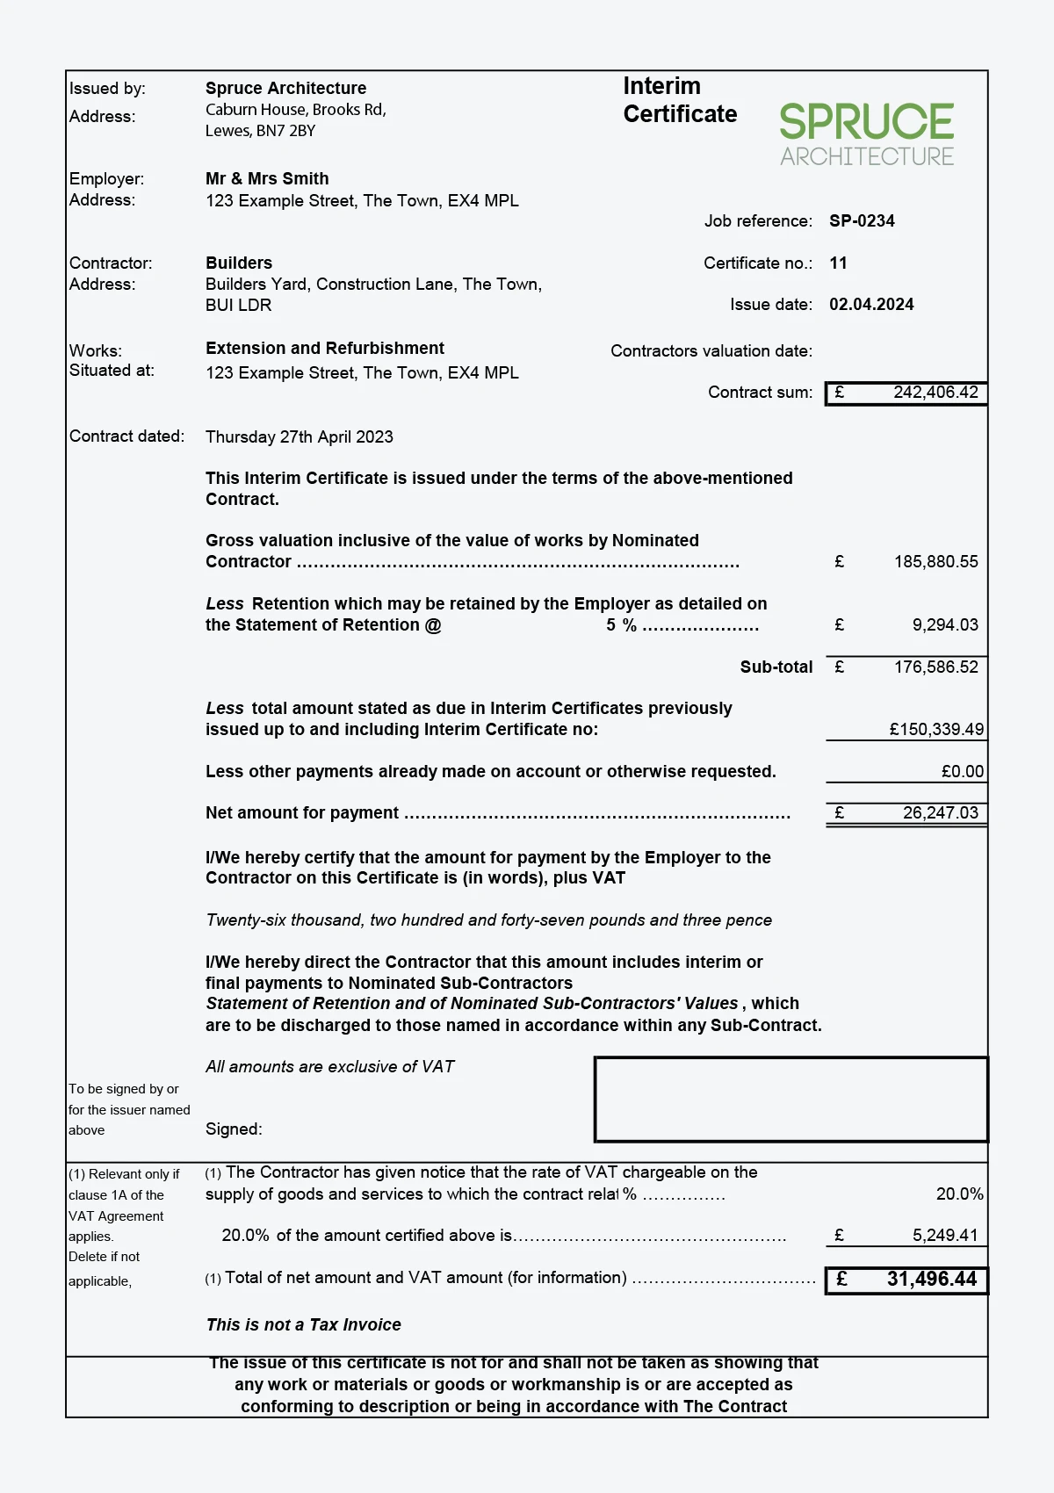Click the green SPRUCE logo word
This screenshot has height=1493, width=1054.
click(x=866, y=122)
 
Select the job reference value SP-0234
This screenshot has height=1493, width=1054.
click(x=862, y=221)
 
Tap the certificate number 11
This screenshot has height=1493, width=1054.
click(x=838, y=263)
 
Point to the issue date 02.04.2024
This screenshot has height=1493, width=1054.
click(x=871, y=305)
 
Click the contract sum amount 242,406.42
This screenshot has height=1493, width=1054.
click(x=935, y=393)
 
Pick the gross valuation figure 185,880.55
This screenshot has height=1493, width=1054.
click(x=935, y=562)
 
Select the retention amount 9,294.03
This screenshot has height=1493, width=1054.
click(x=944, y=625)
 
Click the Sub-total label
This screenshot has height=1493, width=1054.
click(x=776, y=667)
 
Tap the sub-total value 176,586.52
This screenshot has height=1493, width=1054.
click(x=935, y=667)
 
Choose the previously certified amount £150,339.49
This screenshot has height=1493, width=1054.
click(x=936, y=730)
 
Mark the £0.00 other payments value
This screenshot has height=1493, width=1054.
click(x=963, y=772)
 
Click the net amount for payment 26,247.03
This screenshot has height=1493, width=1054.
click(x=940, y=813)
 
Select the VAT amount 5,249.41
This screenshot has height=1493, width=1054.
click(x=944, y=1236)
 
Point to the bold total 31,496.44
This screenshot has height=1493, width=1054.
click(x=931, y=1280)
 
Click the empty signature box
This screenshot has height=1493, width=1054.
click(x=790, y=1100)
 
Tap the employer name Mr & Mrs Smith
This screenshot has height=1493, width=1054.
click(x=267, y=179)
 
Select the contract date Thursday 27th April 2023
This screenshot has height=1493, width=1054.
click(x=299, y=437)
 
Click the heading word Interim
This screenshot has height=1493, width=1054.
click(x=661, y=86)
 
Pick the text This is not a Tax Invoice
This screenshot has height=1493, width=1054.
click(x=303, y=1325)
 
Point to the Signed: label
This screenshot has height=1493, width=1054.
click(x=234, y=1129)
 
